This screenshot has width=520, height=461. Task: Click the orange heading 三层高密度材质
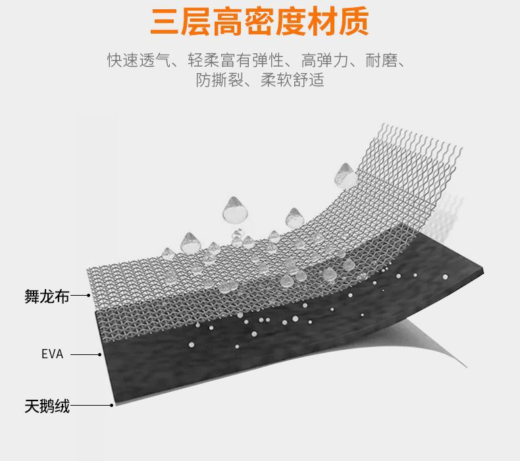click(259, 22)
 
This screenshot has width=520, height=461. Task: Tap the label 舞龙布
click(47, 296)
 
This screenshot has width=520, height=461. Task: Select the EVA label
click(52, 354)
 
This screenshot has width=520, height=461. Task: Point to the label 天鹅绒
click(47, 406)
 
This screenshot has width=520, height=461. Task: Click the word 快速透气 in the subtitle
click(134, 61)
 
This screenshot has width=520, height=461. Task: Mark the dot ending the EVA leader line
click(99, 354)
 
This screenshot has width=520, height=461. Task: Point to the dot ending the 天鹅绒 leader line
click(111, 405)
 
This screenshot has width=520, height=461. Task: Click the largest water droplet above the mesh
click(234, 209)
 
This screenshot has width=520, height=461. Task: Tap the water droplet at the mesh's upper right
click(344, 175)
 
